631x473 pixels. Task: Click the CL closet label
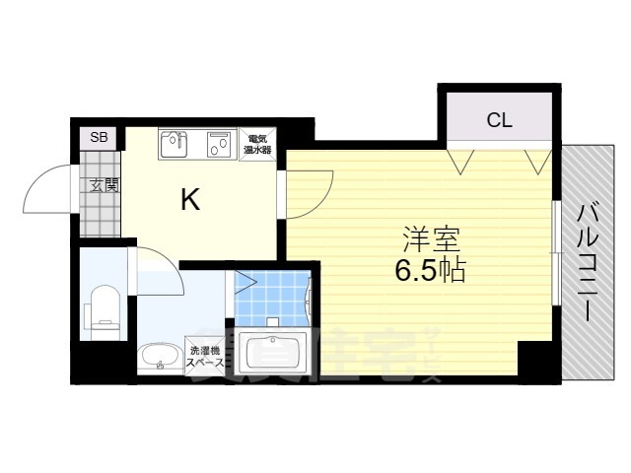(499, 121)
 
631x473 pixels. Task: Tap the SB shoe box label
(99, 137)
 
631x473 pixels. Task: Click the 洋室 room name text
(430, 239)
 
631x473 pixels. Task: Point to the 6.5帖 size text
(430, 271)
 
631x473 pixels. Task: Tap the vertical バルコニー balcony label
(590, 261)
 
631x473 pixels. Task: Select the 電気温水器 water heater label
(258, 144)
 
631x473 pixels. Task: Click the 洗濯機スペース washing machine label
(207, 357)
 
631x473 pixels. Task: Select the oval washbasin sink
(157, 354)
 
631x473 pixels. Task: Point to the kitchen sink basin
(175, 144)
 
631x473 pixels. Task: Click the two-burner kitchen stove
(218, 144)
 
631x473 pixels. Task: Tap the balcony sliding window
(556, 251)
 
